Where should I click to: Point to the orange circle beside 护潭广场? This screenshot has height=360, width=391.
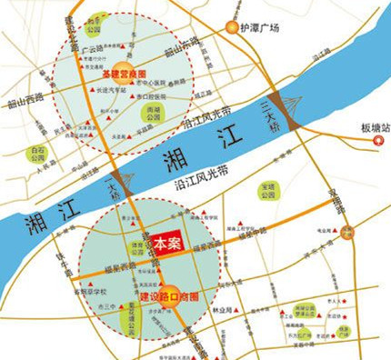point(234,26)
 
